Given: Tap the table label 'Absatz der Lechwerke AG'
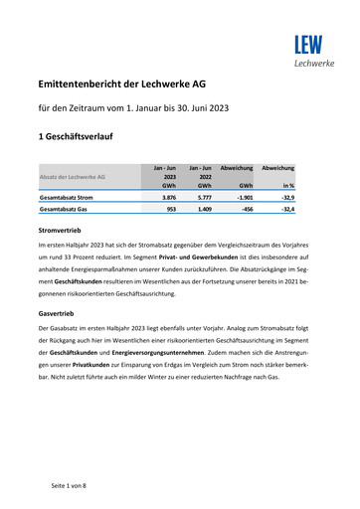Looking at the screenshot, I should pos(72,177).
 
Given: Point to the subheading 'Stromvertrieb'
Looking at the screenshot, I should pos(61,231).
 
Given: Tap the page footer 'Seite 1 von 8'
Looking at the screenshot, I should pos(70,484).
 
